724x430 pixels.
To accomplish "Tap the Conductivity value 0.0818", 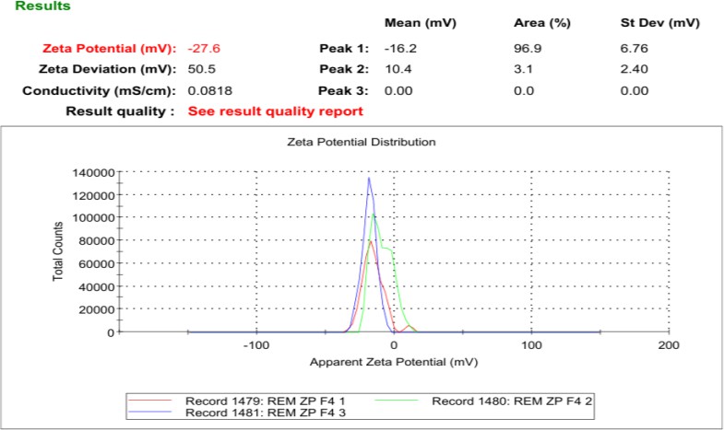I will (x=207, y=91).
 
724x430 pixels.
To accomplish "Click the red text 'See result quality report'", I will (x=276, y=111).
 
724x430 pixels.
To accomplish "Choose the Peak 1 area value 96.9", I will (x=527, y=47).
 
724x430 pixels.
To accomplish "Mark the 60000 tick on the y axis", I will (x=94, y=263).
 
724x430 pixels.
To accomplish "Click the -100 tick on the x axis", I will (x=255, y=345).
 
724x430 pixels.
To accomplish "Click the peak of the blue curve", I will (x=369, y=179).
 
